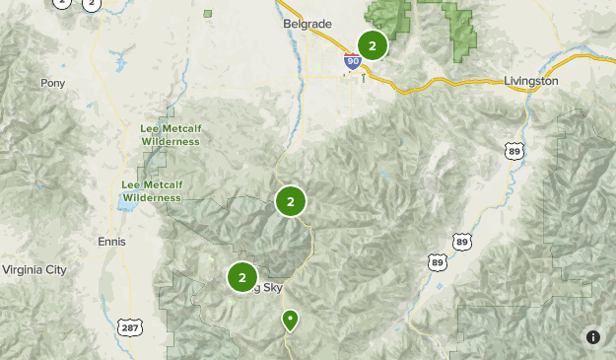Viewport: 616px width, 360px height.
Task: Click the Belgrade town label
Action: pyautogui.click(x=308, y=23)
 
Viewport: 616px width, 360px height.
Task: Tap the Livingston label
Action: pyautogui.click(x=530, y=80)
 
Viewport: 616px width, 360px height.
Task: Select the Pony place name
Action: pyautogui.click(x=52, y=84)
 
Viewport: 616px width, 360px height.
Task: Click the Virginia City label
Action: pyautogui.click(x=34, y=269)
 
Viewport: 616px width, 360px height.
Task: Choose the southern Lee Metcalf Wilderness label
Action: pyautogui.click(x=151, y=191)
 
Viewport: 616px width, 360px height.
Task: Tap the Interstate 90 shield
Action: pyautogui.click(x=353, y=61)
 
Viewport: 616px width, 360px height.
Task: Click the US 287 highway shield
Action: pyautogui.click(x=129, y=326)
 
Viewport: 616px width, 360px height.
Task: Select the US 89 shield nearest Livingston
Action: pyautogui.click(x=513, y=150)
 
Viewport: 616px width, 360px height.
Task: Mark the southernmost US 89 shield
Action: pyautogui.click(x=438, y=261)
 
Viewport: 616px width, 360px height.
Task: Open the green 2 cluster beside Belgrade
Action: pyautogui.click(x=372, y=45)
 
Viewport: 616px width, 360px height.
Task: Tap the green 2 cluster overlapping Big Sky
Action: pyautogui.click(x=242, y=278)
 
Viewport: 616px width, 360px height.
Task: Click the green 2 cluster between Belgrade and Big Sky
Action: pyautogui.click(x=290, y=202)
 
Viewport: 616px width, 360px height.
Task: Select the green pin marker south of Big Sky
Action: pyautogui.click(x=290, y=320)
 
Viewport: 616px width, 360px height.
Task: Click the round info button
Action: pyautogui.click(x=593, y=337)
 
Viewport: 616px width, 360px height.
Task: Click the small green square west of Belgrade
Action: pyautogui.click(x=208, y=14)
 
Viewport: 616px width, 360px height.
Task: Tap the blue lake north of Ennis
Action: pyautogui.click(x=125, y=203)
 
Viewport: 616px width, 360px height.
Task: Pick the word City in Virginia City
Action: pyautogui.click(x=53, y=269)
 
